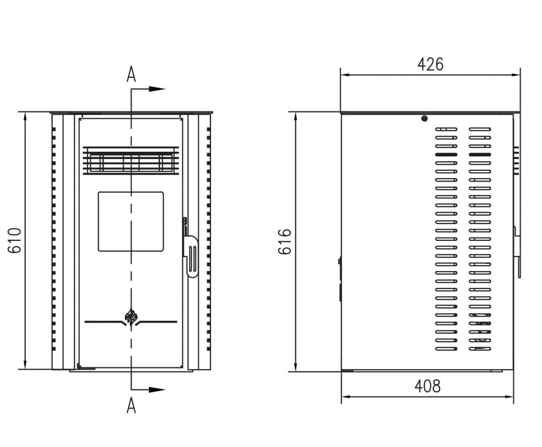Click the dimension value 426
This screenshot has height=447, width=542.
point(431,64)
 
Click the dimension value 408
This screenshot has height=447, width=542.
point(428,386)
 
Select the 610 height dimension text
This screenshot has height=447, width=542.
point(15,241)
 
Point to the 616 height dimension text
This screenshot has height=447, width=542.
point(285,241)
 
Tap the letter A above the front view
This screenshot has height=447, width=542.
point(131,74)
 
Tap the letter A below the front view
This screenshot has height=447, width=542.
point(131,405)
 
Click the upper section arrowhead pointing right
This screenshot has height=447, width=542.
point(157,89)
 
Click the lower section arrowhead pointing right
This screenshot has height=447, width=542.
point(157,390)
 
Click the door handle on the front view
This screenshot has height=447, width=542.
point(190,256)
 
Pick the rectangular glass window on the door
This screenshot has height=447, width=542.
point(131,222)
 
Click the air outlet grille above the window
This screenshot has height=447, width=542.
point(131,160)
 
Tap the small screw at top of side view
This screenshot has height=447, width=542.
point(424,119)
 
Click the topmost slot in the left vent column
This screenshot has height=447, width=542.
point(446,129)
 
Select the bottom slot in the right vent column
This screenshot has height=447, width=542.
point(480,349)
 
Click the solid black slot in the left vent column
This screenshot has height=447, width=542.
point(446,155)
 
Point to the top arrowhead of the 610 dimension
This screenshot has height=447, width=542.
point(25,118)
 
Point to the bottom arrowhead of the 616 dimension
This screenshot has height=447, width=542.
point(296,366)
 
